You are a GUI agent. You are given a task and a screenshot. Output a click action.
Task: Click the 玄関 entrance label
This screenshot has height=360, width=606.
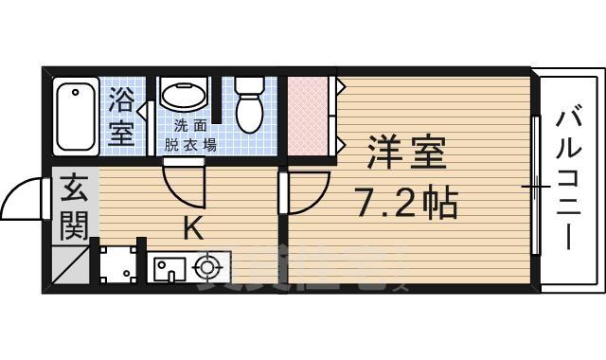(74, 208)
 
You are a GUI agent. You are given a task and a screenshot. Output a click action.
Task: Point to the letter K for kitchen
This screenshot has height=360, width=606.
(191, 227)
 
